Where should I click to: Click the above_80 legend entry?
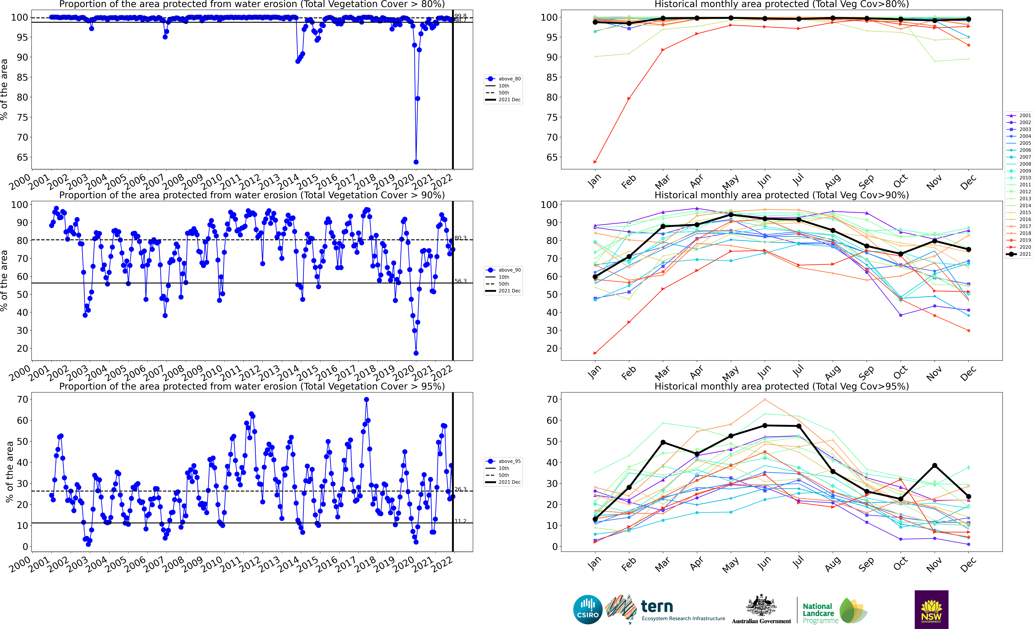[503, 79]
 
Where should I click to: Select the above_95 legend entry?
[503, 461]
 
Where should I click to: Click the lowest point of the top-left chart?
[416, 162]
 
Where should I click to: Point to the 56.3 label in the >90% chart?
[460, 281]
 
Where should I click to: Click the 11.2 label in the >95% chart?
[460, 521]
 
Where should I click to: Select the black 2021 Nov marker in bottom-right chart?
[934, 465]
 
